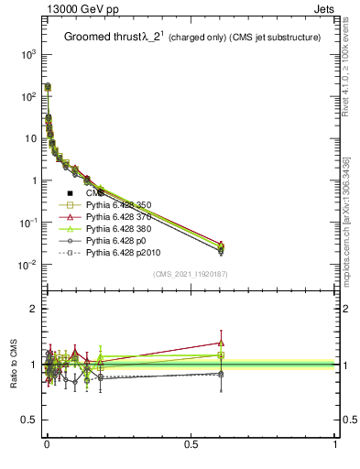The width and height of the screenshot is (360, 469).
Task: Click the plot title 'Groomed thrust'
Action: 101,38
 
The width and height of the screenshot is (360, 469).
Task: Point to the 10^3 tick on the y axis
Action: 29,54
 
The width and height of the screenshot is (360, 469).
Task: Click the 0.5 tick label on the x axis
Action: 191,444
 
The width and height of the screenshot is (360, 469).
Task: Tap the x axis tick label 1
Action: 335,444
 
